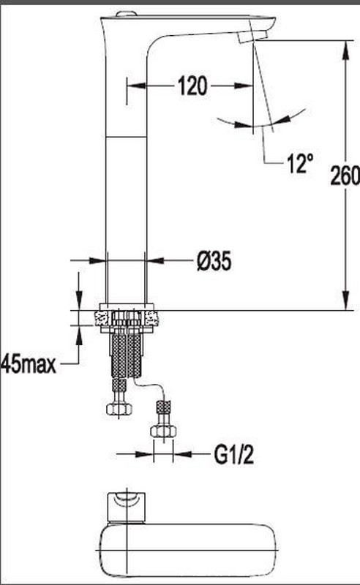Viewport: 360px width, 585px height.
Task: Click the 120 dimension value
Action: tap(192, 86)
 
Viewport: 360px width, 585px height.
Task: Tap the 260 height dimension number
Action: tap(345, 175)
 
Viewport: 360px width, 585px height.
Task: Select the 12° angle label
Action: tap(300, 163)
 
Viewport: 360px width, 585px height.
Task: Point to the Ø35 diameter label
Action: tap(214, 260)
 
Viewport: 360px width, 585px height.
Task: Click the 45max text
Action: tap(29, 363)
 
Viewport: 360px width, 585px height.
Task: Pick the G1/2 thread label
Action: tap(233, 454)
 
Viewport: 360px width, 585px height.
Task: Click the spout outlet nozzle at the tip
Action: tap(253, 37)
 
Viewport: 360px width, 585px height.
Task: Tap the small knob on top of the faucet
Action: tap(126, 14)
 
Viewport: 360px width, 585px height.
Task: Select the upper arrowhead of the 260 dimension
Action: tap(346, 49)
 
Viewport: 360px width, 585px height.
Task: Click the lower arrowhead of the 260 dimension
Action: tap(346, 301)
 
